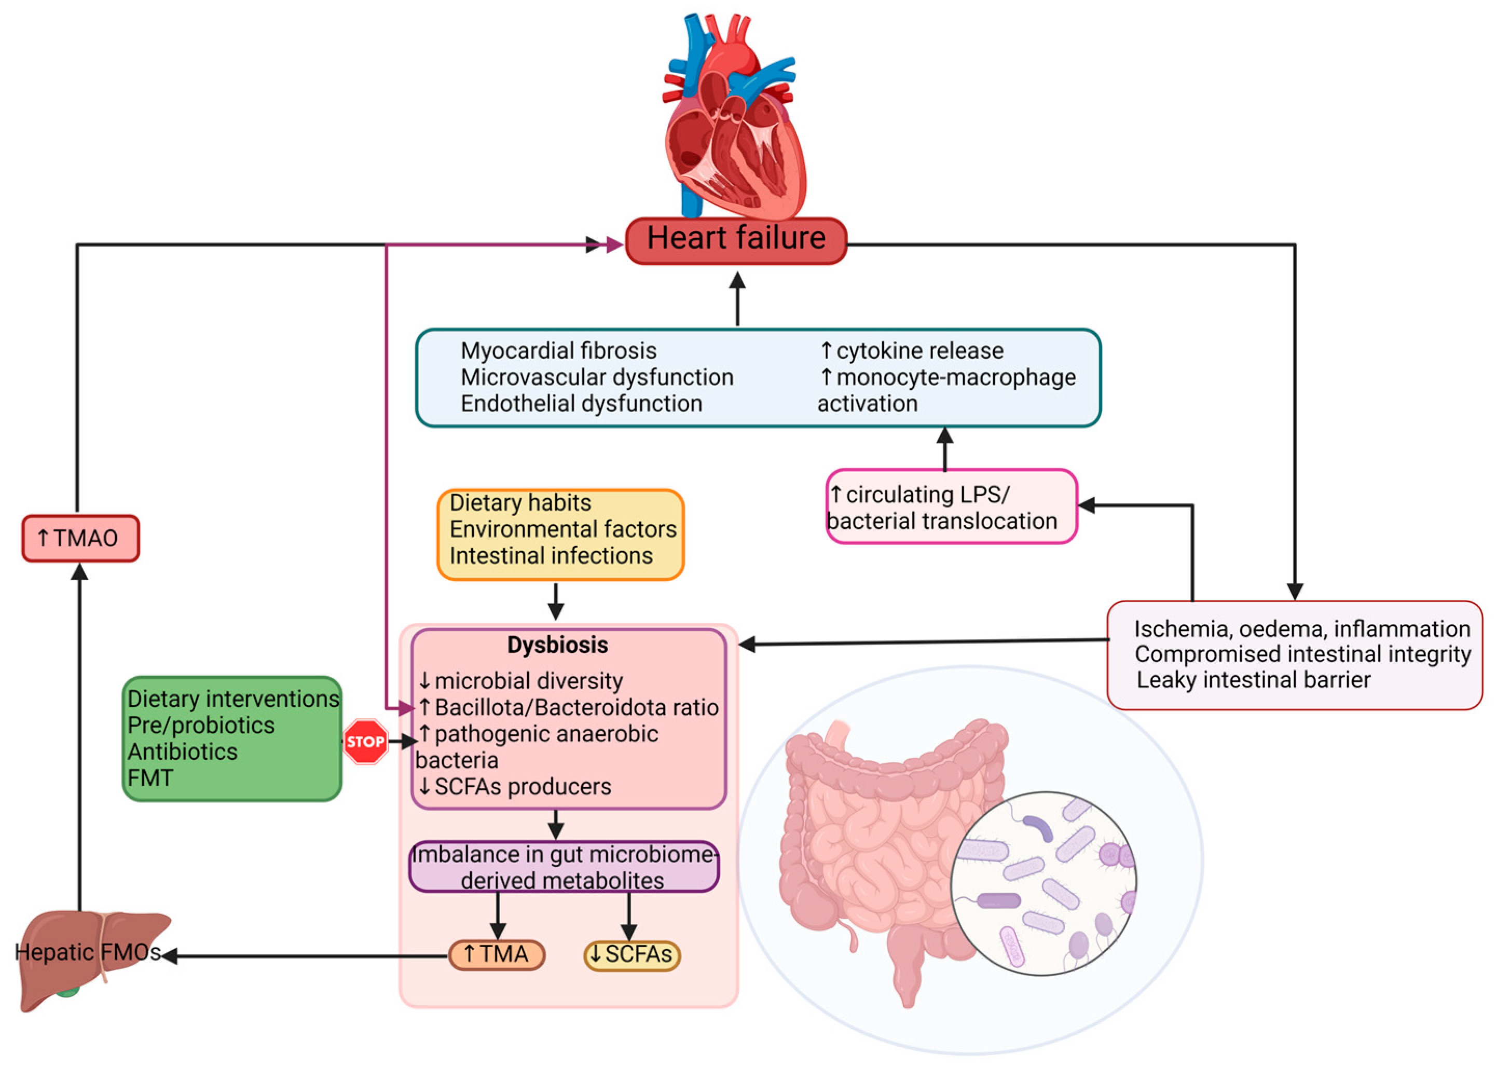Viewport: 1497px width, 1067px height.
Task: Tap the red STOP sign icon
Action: (x=366, y=741)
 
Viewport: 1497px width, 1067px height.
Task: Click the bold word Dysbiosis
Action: (x=558, y=645)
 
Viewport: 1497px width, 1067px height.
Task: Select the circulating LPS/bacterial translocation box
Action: (x=951, y=507)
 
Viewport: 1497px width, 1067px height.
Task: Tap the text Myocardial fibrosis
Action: (x=558, y=351)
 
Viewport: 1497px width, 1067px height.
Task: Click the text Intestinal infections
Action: (x=551, y=556)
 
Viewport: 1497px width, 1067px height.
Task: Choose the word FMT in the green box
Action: (x=150, y=778)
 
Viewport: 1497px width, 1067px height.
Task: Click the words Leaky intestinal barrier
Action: (x=1253, y=679)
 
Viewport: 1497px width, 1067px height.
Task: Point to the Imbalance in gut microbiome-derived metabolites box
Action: (x=564, y=867)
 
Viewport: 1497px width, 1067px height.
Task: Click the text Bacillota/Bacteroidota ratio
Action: (x=576, y=707)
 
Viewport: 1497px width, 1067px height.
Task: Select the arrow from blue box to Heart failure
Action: (x=738, y=299)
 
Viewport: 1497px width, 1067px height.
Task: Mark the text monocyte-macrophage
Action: (x=956, y=377)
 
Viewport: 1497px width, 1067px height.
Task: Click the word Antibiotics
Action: (x=183, y=751)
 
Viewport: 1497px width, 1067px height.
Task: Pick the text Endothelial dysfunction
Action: (x=581, y=403)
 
